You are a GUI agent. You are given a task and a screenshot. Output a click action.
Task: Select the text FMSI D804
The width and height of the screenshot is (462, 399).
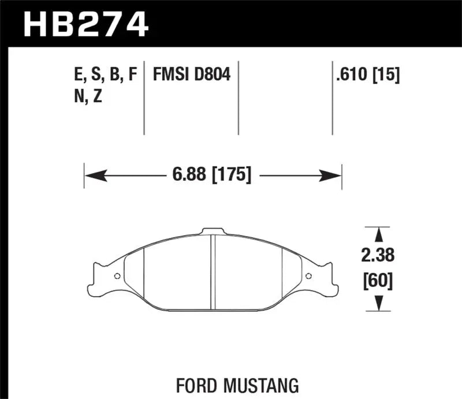[x=191, y=74]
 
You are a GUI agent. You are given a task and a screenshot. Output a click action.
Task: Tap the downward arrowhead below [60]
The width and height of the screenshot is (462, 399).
[x=379, y=303]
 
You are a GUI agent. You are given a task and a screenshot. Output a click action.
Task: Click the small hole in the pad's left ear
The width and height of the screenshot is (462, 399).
[x=117, y=275]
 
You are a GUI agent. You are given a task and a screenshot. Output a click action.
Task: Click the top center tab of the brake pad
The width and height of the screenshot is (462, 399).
[x=212, y=232]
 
